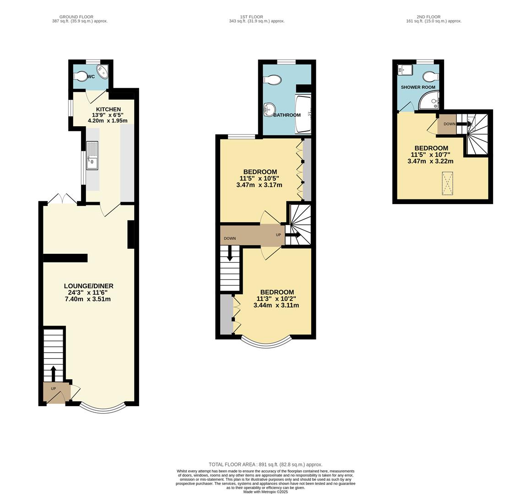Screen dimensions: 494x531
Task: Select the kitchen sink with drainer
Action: pos(92,156)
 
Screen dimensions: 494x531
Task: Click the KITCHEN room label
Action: pos(108,109)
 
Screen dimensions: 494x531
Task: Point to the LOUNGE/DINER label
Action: pos(88,286)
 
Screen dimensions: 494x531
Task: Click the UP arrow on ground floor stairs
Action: pos(53,373)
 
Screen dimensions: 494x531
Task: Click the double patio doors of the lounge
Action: pos(62,199)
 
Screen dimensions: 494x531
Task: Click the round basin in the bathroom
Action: pos(269,109)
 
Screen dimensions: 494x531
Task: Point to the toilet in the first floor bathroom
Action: pos(273,81)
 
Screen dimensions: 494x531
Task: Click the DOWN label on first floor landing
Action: pos(230,238)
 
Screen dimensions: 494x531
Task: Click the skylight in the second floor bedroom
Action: pos(448,183)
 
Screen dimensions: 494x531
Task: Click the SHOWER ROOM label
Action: pos(418,87)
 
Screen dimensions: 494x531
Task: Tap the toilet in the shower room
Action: pos(430,76)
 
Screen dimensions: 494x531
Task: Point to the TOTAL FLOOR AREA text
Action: pos(265,464)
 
